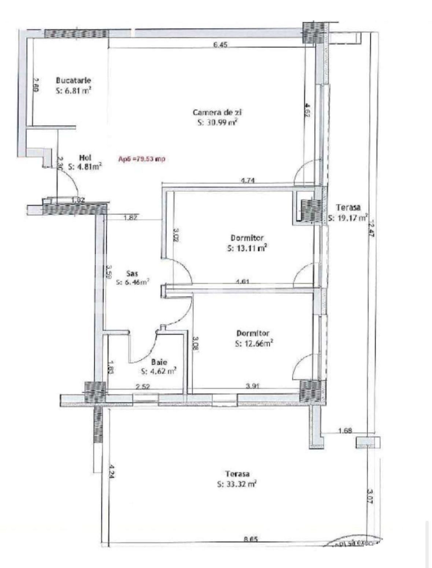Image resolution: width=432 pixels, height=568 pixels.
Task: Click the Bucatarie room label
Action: (73, 80)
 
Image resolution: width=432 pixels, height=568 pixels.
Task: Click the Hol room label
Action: (85, 158)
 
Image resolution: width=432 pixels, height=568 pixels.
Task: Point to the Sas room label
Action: (132, 273)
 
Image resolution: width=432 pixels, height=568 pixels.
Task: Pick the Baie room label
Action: (159, 362)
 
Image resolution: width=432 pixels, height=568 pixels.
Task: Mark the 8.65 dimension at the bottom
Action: (251, 539)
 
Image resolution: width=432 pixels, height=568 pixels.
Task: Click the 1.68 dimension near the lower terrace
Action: (345, 431)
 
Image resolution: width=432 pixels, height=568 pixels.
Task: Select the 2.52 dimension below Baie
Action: (143, 387)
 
